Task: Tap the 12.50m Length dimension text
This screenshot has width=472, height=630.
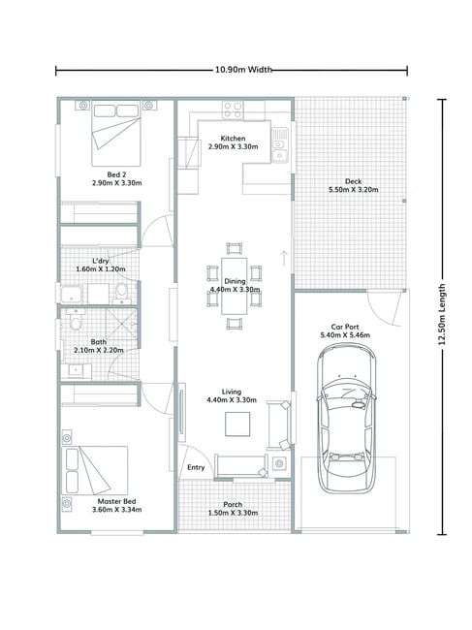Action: (442, 314)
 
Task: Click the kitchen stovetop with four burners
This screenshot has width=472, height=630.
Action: (233, 110)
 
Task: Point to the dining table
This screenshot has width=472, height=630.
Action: (235, 286)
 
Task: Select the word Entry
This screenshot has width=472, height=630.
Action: (196, 467)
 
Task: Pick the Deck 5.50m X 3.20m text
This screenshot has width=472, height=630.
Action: (354, 186)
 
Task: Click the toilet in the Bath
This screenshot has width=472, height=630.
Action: (76, 318)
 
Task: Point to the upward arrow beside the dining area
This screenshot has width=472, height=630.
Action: (284, 258)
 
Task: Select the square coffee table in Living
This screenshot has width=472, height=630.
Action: (237, 424)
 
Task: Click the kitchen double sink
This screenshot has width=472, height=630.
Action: (280, 145)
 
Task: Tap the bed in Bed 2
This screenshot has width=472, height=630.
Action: (116, 134)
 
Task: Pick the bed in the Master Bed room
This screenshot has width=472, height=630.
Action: (95, 470)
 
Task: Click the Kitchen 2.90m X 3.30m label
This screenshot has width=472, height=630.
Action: (233, 142)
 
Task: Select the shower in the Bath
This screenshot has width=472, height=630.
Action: (122, 324)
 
